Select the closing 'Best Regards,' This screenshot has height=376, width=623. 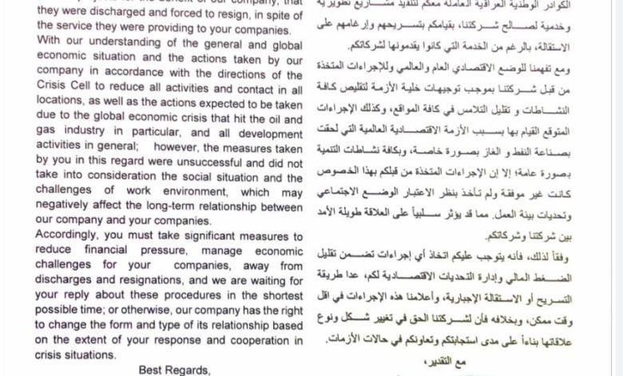tap(174, 370)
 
